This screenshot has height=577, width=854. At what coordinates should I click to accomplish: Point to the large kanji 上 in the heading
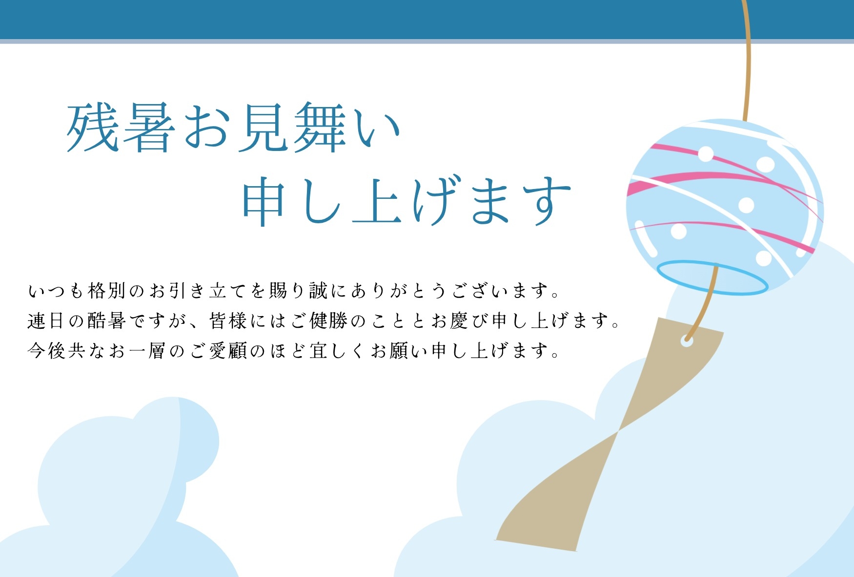(x=377, y=201)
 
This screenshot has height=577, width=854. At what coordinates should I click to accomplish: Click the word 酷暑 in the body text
(x=107, y=321)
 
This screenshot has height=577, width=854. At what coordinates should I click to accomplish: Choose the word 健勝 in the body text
(x=329, y=321)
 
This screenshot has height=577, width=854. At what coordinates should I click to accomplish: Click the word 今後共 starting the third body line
(x=56, y=351)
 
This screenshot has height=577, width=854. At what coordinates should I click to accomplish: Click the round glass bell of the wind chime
(x=725, y=205)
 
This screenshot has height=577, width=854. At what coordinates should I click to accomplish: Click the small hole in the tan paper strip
(x=687, y=341)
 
